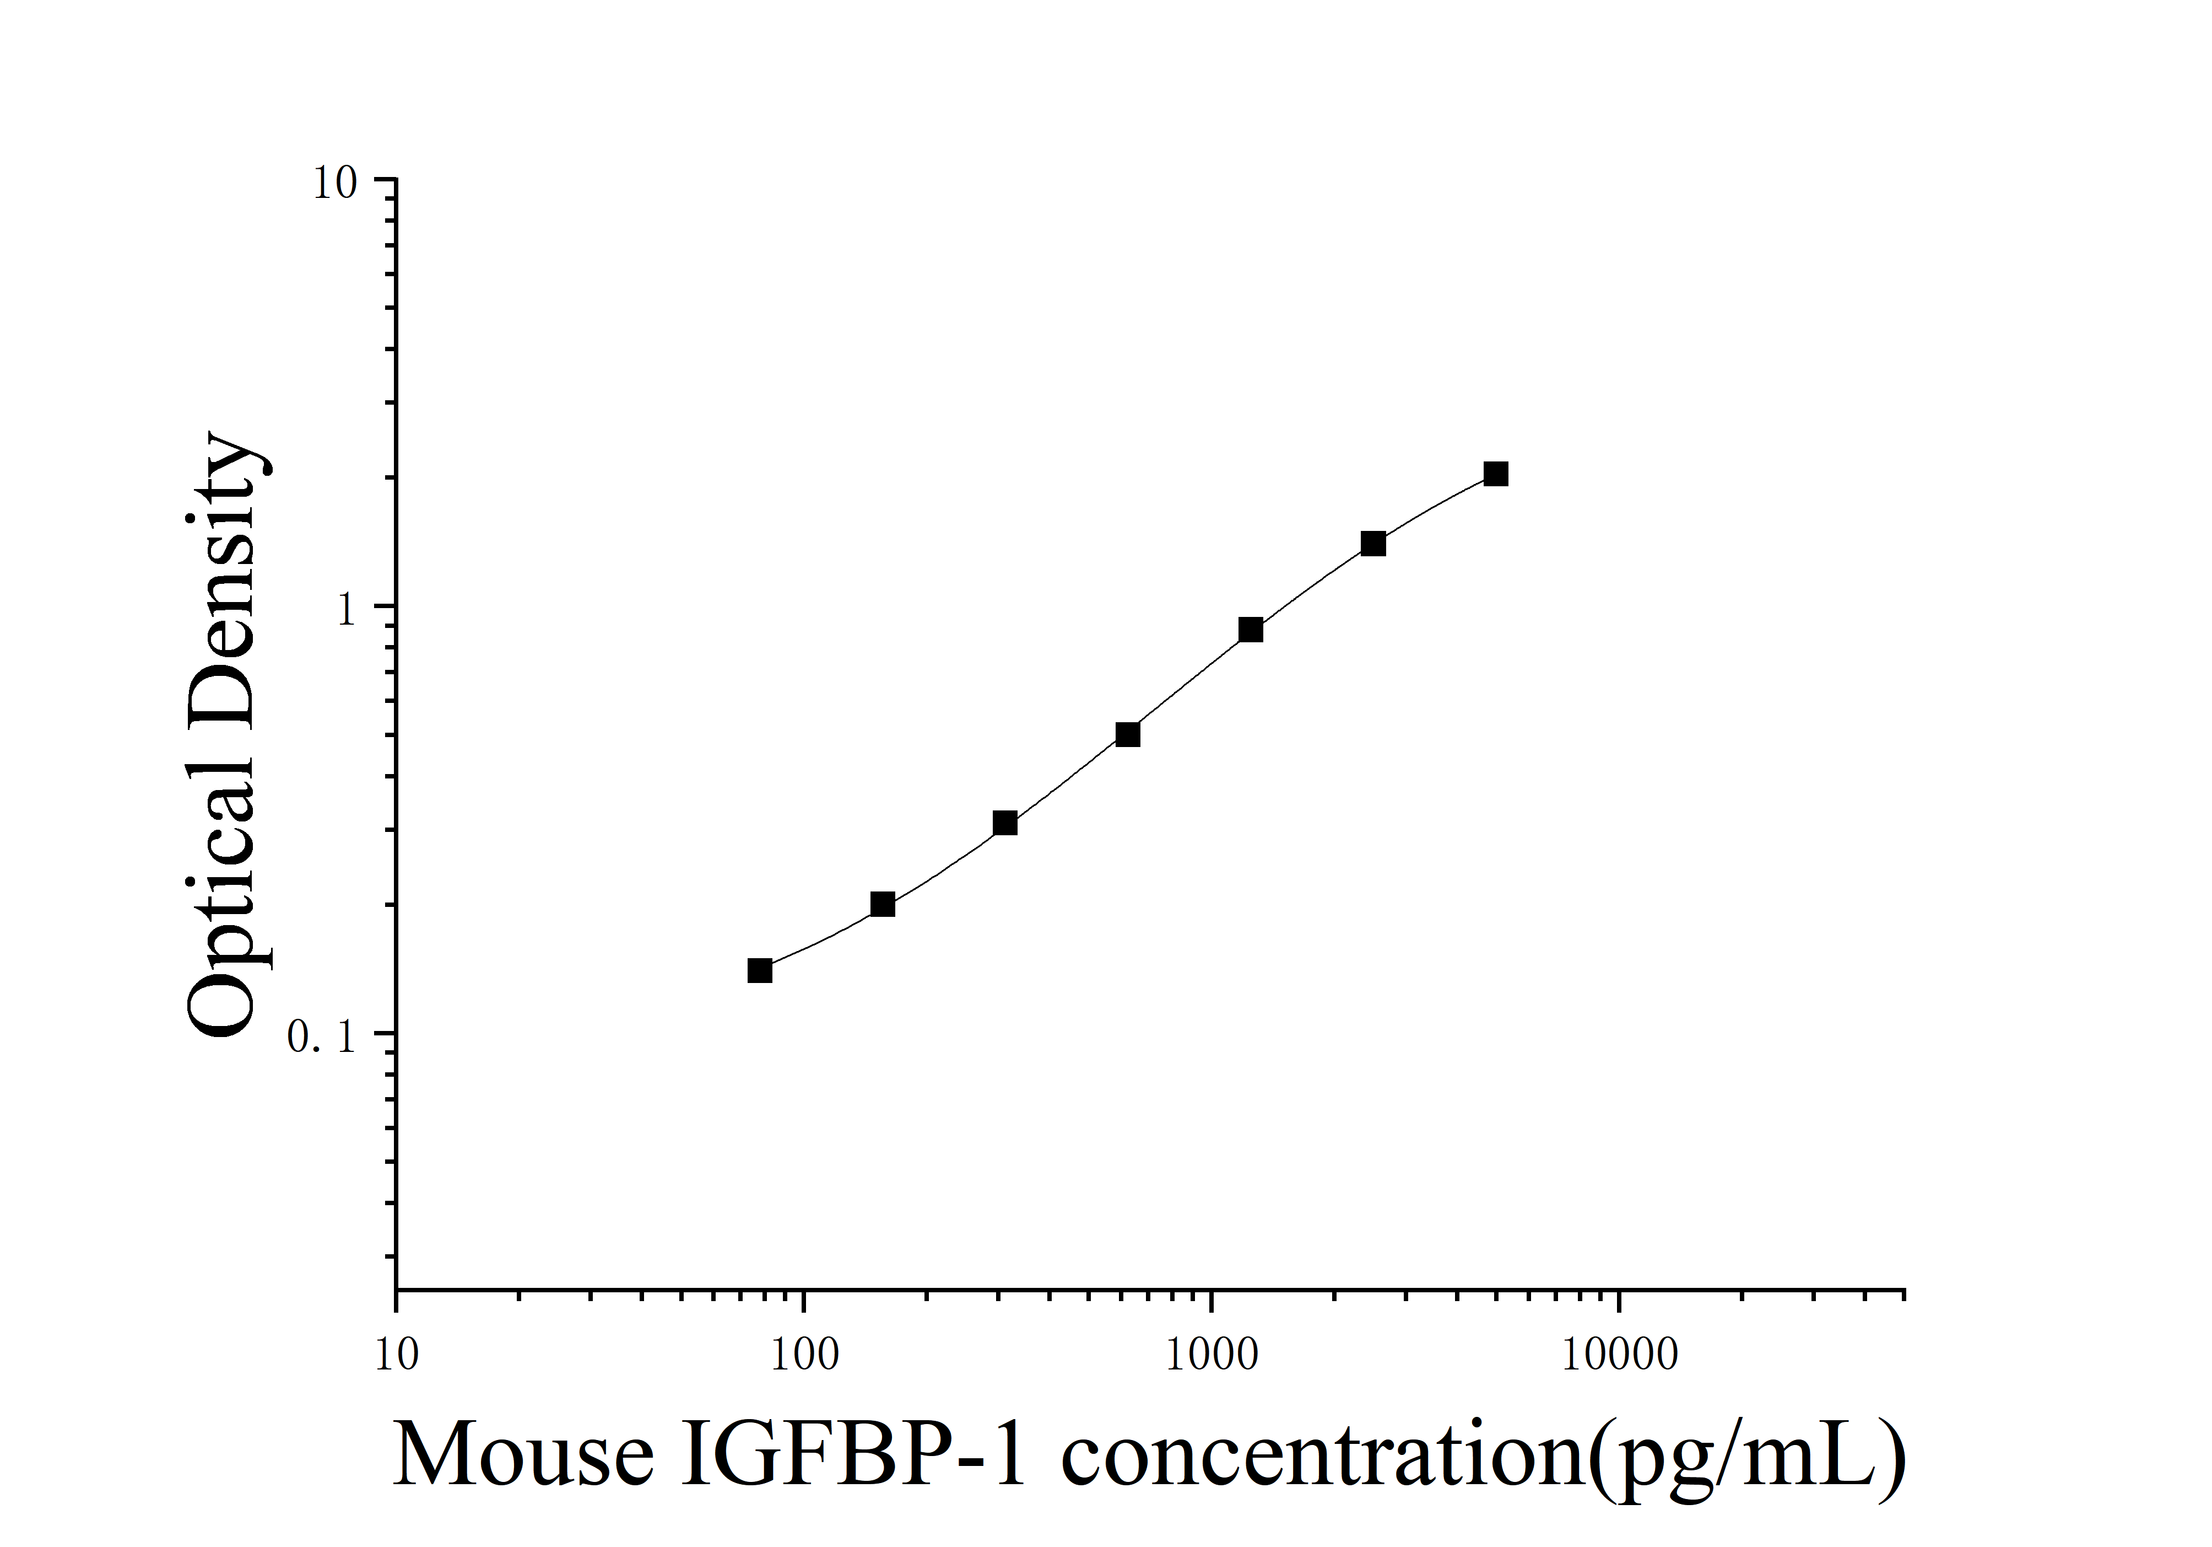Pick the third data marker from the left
click(x=1005, y=823)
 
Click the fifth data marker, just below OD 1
click(x=1251, y=630)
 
